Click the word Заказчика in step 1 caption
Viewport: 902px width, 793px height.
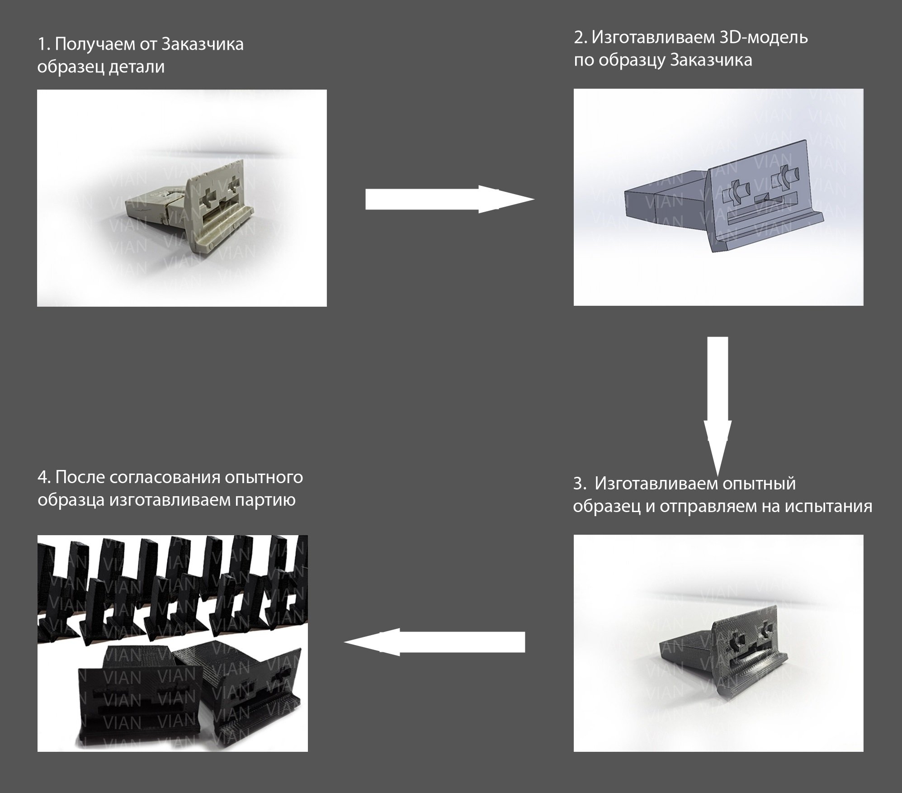202,44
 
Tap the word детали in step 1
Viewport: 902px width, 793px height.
136,67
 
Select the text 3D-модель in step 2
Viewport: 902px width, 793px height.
763,37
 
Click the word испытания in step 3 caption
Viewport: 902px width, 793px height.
828,506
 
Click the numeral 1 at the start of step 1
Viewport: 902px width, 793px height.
42,44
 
